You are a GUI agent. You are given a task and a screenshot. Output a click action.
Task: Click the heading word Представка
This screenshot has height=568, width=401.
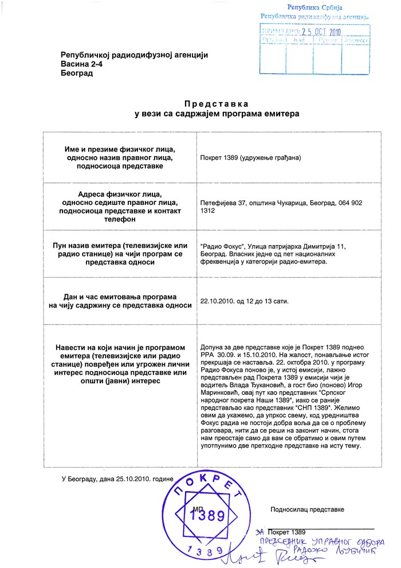click(216, 104)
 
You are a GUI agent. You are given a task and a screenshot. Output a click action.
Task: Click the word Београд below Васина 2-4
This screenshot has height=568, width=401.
click(77, 73)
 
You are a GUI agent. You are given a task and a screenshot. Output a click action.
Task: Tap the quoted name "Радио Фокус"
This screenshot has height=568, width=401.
click(222, 246)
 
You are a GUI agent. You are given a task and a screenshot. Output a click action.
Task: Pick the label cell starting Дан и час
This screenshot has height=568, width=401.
click(120, 301)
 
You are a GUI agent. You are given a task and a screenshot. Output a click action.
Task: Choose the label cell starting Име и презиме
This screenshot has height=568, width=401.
click(120, 157)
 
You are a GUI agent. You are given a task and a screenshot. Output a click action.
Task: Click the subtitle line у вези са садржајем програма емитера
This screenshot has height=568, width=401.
click(216, 114)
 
